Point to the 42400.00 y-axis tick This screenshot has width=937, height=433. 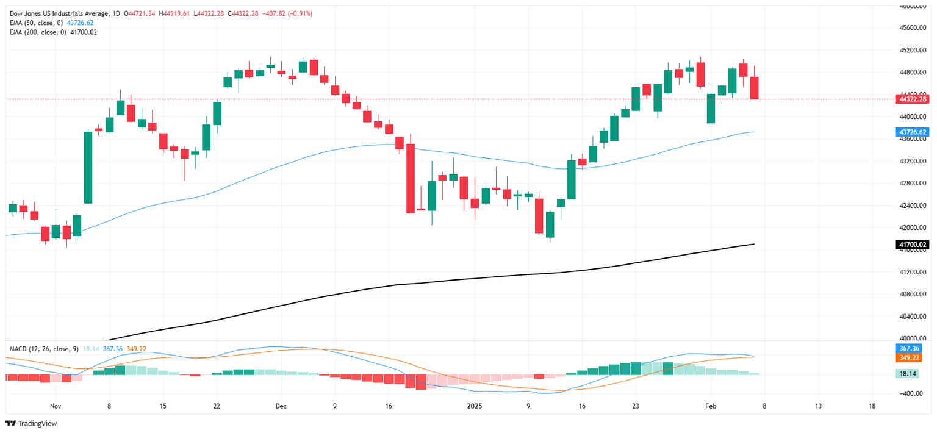[913, 206]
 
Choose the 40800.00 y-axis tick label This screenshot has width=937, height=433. [913, 294]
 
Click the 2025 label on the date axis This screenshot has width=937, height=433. [474, 406]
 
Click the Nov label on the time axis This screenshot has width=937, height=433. [56, 406]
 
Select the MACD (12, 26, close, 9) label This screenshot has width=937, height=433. [44, 349]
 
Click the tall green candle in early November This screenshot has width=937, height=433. [88, 167]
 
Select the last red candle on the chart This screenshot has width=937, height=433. [754, 88]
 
